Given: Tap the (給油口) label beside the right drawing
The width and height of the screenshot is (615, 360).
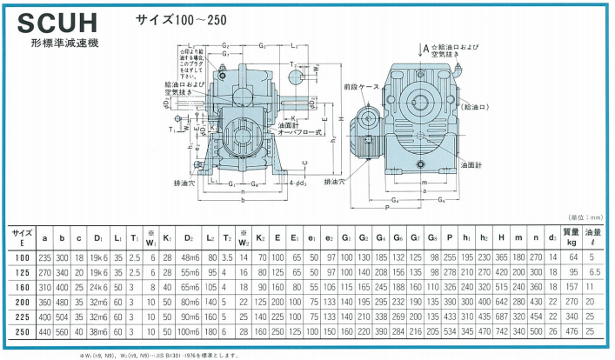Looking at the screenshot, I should pyautogui.click(x=478, y=107).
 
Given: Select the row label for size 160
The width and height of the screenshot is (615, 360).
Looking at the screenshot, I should pyautogui.click(x=21, y=286).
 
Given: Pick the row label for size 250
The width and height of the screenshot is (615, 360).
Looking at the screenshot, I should pyautogui.click(x=21, y=331).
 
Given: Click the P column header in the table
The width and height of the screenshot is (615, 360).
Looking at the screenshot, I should pyautogui.click(x=449, y=237).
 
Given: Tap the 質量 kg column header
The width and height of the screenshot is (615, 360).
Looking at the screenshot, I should pyautogui.click(x=571, y=237).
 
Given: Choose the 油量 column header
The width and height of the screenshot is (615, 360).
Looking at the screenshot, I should pyautogui.click(x=595, y=237).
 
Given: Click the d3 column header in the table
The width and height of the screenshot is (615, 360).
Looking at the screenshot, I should pyautogui.click(x=551, y=237).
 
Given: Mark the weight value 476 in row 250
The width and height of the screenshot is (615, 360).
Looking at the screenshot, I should pyautogui.click(x=571, y=331).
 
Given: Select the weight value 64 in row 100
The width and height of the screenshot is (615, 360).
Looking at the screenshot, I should pyautogui.click(x=572, y=257).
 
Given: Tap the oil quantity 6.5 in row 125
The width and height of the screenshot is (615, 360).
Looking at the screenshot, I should pyautogui.click(x=595, y=271).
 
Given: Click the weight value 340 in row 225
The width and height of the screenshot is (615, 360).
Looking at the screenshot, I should pyautogui.click(x=571, y=317).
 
